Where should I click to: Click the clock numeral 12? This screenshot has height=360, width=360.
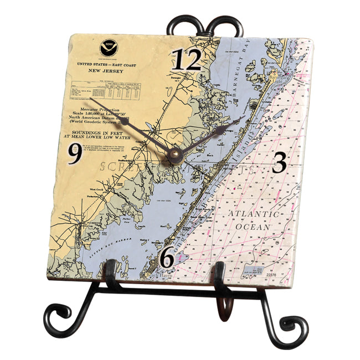click(186, 60)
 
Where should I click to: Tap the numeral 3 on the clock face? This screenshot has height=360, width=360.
click(280, 162)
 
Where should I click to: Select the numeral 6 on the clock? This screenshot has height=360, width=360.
click(167, 257)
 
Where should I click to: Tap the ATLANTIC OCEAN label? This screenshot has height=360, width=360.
click(251, 220)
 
